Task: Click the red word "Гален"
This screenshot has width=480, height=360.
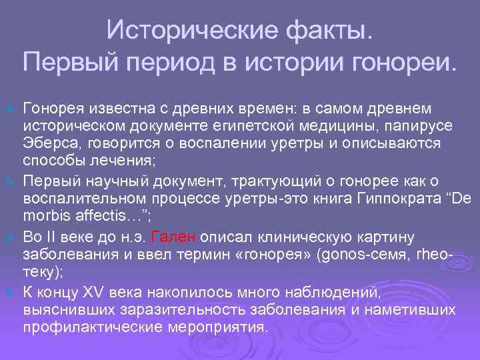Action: pos(173,238)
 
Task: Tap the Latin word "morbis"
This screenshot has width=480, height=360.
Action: pos(47,215)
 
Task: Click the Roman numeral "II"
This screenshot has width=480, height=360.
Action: pos(52,238)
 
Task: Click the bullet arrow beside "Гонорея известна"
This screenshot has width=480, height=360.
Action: pos(9,108)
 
